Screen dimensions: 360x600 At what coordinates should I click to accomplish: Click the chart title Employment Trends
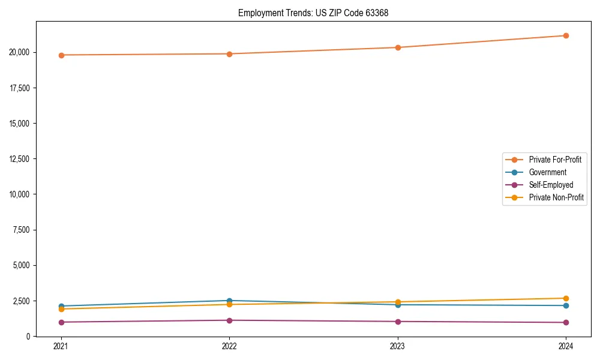[x=313, y=13]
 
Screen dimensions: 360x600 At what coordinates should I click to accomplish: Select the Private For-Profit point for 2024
[x=566, y=35]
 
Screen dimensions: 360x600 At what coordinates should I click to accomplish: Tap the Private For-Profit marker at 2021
[x=61, y=55]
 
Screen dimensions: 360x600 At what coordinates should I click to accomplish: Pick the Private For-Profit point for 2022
[x=229, y=54]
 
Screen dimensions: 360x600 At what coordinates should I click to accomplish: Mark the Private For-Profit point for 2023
[x=398, y=47]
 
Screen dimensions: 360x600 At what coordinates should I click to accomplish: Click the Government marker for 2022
[x=229, y=301]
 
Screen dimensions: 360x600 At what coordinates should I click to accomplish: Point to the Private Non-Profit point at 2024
[x=566, y=298]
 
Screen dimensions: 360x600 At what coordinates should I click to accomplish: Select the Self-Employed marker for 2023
[x=398, y=322]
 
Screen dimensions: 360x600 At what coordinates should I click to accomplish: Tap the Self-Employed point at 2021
[x=61, y=322]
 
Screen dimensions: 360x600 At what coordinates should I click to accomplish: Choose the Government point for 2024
[x=566, y=305]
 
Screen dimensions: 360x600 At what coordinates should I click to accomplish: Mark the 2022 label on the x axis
[x=229, y=346]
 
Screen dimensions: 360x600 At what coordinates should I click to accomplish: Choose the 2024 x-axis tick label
[x=566, y=346]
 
